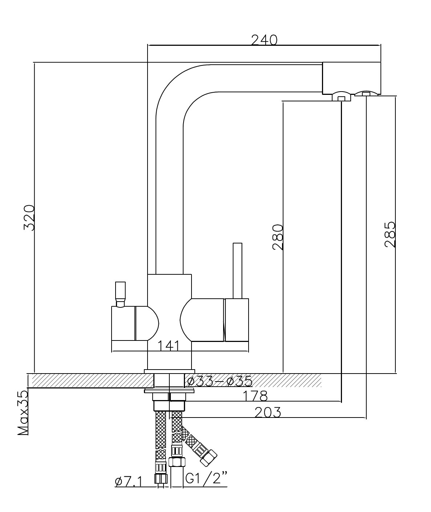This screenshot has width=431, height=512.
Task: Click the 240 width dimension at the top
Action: (x=264, y=40)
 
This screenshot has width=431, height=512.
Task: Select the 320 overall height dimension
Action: (x=29, y=218)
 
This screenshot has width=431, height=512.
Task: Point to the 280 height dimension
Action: (x=278, y=237)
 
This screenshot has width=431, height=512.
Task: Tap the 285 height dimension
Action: (x=390, y=234)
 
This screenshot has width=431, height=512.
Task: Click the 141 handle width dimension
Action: (x=169, y=346)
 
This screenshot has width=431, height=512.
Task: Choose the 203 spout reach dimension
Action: (x=267, y=412)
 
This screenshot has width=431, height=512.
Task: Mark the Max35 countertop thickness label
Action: (x=23, y=412)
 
